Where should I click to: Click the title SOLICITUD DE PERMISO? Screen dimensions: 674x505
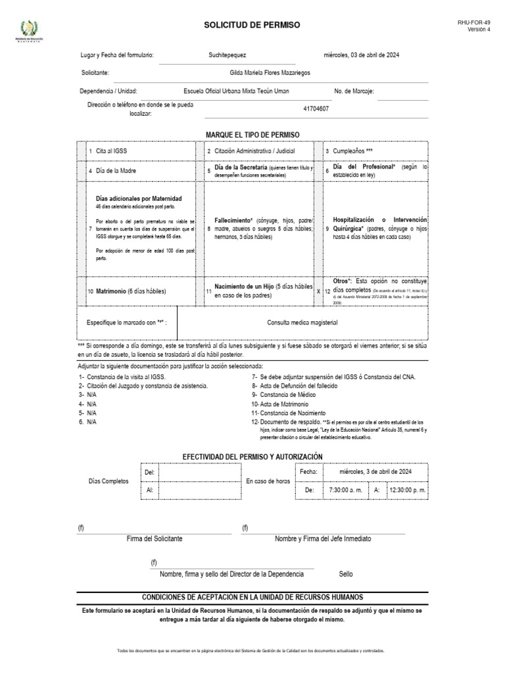[x=252, y=25]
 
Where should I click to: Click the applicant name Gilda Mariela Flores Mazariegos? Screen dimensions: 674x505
[x=270, y=73]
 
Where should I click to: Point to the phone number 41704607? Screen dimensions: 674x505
[x=316, y=109]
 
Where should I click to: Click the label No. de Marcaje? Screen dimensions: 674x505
[x=354, y=91]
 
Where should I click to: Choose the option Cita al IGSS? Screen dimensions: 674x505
[x=111, y=151]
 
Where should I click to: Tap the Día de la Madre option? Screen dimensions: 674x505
[x=116, y=170]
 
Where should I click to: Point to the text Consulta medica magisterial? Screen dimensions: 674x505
[x=302, y=323]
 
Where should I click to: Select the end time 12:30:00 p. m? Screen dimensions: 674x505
[x=408, y=490]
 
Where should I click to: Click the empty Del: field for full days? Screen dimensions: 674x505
[x=200, y=472]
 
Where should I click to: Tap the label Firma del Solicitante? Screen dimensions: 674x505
[x=155, y=538]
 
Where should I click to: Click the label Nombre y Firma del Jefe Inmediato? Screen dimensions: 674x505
[x=323, y=538]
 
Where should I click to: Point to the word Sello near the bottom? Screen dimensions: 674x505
[x=346, y=574]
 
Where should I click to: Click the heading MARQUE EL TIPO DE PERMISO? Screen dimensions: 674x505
[x=252, y=134]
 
